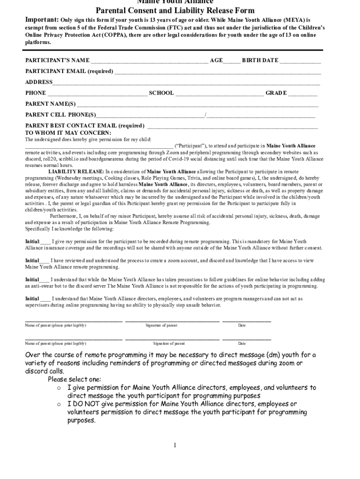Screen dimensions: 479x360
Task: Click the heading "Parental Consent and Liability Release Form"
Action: click(x=175, y=11)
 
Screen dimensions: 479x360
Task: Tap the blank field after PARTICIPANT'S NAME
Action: click(x=149, y=61)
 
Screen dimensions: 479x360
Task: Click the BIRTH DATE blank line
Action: click(x=300, y=61)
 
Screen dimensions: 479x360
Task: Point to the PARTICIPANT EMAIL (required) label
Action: click(x=69, y=71)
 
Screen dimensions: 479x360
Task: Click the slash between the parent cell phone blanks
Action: click(x=205, y=115)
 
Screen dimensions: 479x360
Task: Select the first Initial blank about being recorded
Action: click(x=46, y=242)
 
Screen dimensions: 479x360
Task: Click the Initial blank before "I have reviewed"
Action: click(x=44, y=261)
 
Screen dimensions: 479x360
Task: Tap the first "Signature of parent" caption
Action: click(x=161, y=326)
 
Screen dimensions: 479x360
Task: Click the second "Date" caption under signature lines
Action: click(x=242, y=343)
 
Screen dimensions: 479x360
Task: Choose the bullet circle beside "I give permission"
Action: click(x=59, y=388)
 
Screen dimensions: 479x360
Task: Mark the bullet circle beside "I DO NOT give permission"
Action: click(x=59, y=404)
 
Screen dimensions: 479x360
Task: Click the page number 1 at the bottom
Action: click(x=175, y=445)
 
